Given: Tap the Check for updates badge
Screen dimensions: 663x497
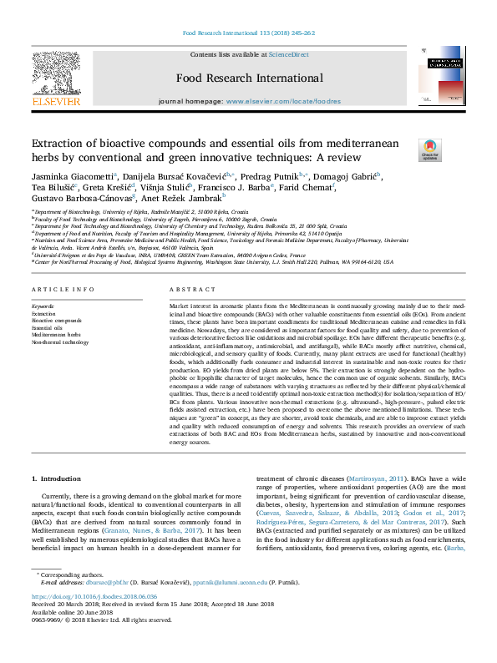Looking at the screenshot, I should [x=430, y=149].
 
